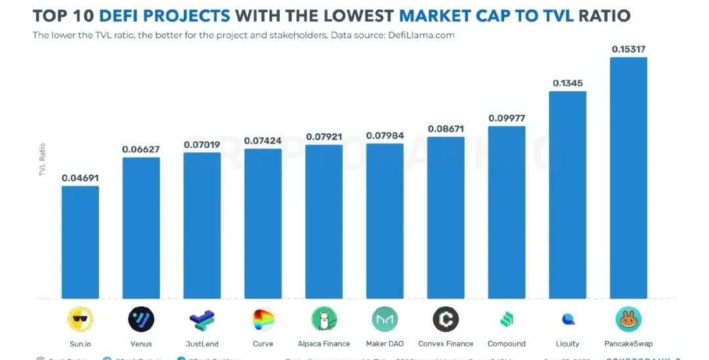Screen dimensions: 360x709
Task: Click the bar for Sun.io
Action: point(80,242)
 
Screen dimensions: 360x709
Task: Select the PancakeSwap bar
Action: point(628,178)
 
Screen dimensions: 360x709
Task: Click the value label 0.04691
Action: point(80,178)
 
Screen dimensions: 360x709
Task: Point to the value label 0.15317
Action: point(628,49)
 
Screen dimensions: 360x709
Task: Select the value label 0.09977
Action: point(506,118)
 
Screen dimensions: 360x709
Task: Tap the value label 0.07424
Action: point(263,141)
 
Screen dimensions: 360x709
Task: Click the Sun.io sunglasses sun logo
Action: point(80,320)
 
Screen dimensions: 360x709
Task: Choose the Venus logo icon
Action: point(141,320)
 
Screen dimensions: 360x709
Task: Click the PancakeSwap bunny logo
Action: point(628,320)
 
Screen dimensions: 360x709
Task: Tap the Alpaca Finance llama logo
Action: point(324,320)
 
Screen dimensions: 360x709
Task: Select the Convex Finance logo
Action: point(446,320)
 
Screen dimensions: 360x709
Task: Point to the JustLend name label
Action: point(202,344)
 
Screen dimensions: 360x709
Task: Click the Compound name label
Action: point(506,344)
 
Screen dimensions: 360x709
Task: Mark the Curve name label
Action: point(263,344)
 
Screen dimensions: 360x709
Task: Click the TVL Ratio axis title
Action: point(43,159)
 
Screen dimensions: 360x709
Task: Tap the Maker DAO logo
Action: point(385,320)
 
